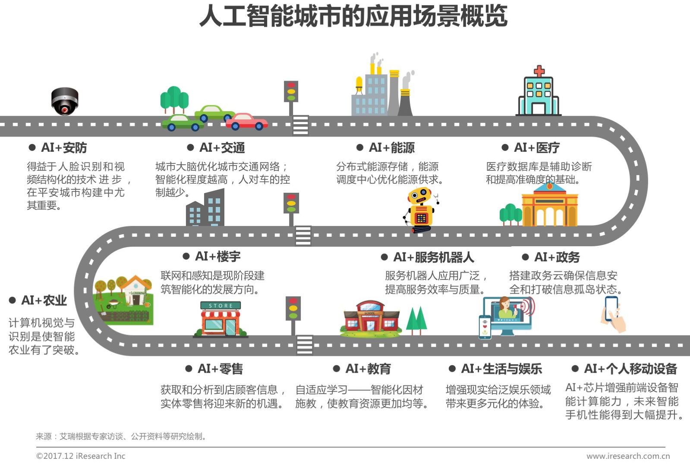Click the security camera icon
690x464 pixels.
pyautogui.click(x=65, y=101)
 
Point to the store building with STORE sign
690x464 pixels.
pyautogui.click(x=221, y=319)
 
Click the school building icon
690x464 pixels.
pyautogui.click(x=370, y=319)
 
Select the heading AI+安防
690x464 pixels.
pyautogui.click(x=63, y=148)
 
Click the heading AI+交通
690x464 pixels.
pyautogui.click(x=222, y=148)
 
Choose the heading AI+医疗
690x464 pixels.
pyautogui.click(x=536, y=148)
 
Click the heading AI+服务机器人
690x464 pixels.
pyautogui.click(x=433, y=257)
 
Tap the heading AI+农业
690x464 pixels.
pyautogui.click(x=44, y=300)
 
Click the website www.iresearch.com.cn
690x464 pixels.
pyautogui.click(x=628, y=456)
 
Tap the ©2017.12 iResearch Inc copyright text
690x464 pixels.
pyautogui.click(x=81, y=456)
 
